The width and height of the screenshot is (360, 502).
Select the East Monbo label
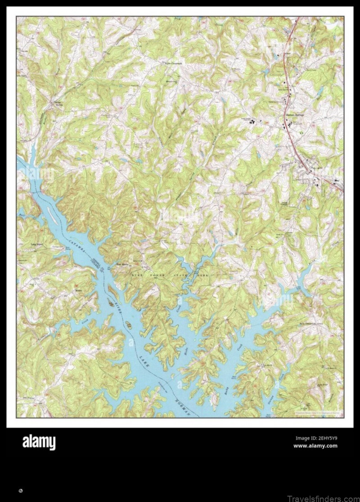123,264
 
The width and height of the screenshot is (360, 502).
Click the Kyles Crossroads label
171,63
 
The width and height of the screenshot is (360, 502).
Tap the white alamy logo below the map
39,442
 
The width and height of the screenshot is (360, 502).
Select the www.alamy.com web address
315,446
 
